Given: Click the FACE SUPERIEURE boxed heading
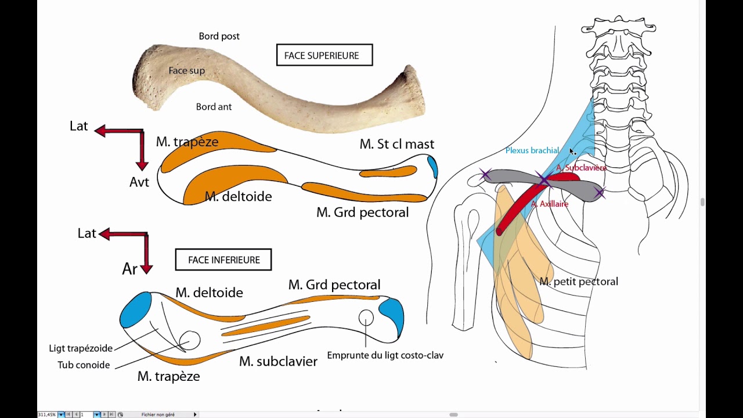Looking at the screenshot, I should (324, 56).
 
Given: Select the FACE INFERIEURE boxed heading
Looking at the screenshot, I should (223, 260).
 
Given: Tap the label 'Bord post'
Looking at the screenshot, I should (219, 36).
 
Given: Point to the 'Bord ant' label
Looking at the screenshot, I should (214, 107).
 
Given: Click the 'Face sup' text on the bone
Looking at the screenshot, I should (186, 70).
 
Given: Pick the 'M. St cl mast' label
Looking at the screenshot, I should (396, 144).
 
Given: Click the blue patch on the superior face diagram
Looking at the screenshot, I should (432, 167).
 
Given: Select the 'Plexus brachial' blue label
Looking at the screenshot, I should (532, 150).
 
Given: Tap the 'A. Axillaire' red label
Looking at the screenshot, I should (549, 204).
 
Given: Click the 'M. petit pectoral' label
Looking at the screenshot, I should (578, 282).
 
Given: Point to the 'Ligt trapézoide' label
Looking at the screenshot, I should (81, 348).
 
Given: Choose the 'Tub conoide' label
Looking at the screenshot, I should (84, 365).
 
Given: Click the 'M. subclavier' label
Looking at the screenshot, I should (278, 362).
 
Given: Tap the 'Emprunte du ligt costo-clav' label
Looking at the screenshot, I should (385, 355).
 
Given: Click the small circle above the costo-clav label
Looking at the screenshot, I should (366, 318).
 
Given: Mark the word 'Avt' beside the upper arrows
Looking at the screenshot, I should (139, 182).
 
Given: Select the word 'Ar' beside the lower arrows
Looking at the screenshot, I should (129, 269).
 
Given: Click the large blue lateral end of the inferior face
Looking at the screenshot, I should (136, 310).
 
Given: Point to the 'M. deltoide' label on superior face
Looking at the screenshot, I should (238, 197).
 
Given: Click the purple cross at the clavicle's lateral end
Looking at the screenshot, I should (485, 175).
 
